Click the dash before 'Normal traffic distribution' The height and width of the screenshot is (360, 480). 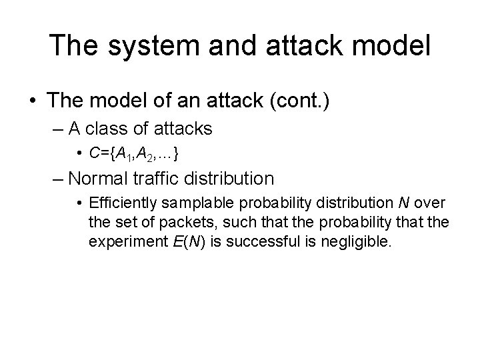58,179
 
